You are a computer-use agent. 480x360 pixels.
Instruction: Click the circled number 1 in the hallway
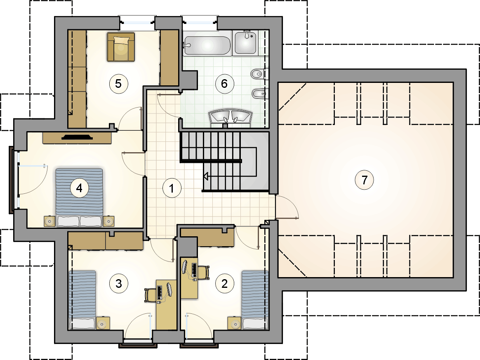[172, 188]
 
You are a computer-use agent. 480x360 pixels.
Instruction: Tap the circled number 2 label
[224, 284]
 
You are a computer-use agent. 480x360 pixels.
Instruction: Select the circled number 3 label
[119, 284]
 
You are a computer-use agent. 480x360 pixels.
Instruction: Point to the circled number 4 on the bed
[79, 188]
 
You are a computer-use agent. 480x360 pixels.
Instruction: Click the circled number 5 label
[118, 83]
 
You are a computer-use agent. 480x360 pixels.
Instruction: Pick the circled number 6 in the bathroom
[224, 83]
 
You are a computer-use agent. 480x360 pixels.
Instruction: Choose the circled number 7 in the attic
[364, 180]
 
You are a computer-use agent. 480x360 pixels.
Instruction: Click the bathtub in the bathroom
[207, 46]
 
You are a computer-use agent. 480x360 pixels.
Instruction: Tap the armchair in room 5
[121, 47]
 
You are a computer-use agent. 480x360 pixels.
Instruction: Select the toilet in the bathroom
[259, 74]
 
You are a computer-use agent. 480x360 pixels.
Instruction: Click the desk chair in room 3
[149, 295]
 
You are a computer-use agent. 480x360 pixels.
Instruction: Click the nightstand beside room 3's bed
[103, 323]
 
